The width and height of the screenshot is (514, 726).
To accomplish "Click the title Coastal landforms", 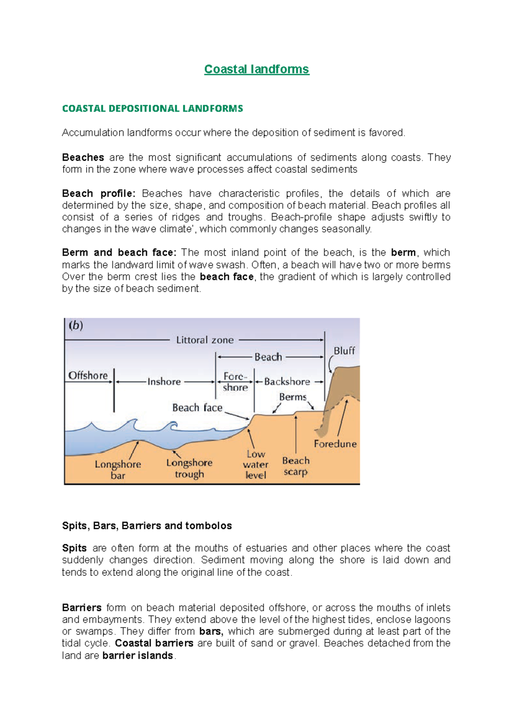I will pyautogui.click(x=256, y=69).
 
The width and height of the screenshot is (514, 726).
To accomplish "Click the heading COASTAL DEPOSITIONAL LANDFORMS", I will pyautogui.click(x=152, y=108).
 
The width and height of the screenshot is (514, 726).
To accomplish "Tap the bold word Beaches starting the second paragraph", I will pyautogui.click(x=83, y=157).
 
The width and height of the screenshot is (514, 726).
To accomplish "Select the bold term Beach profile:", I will pyautogui.click(x=99, y=193).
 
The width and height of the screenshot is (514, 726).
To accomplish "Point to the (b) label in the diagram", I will pyautogui.click(x=76, y=325).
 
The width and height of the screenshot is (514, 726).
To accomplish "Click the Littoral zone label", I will pyautogui.click(x=205, y=340).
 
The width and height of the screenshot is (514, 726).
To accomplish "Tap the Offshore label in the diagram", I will pyautogui.click(x=88, y=375).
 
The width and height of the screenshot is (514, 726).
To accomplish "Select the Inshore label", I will pyautogui.click(x=164, y=381).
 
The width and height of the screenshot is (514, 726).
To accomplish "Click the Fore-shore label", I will pyautogui.click(x=235, y=381).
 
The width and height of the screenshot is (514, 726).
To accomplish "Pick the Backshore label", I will pyautogui.click(x=287, y=381).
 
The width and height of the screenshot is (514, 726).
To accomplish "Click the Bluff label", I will pyautogui.click(x=344, y=351).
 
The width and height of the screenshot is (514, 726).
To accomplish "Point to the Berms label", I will pyautogui.click(x=293, y=397).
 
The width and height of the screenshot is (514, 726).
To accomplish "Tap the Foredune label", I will pyautogui.click(x=335, y=444).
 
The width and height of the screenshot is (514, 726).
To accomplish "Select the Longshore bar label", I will pyautogui.click(x=118, y=470).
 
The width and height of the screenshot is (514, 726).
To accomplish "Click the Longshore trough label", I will pyautogui.click(x=189, y=468).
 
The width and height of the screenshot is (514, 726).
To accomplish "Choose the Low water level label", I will pyautogui.click(x=256, y=465).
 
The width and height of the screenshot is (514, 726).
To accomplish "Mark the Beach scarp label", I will pyautogui.click(x=296, y=466).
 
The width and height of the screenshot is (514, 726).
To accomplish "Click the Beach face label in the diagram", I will pyautogui.click(x=197, y=408).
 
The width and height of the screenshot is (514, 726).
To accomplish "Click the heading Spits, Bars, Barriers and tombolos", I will pyautogui.click(x=147, y=526).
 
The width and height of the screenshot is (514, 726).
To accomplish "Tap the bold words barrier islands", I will pyautogui.click(x=137, y=655).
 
